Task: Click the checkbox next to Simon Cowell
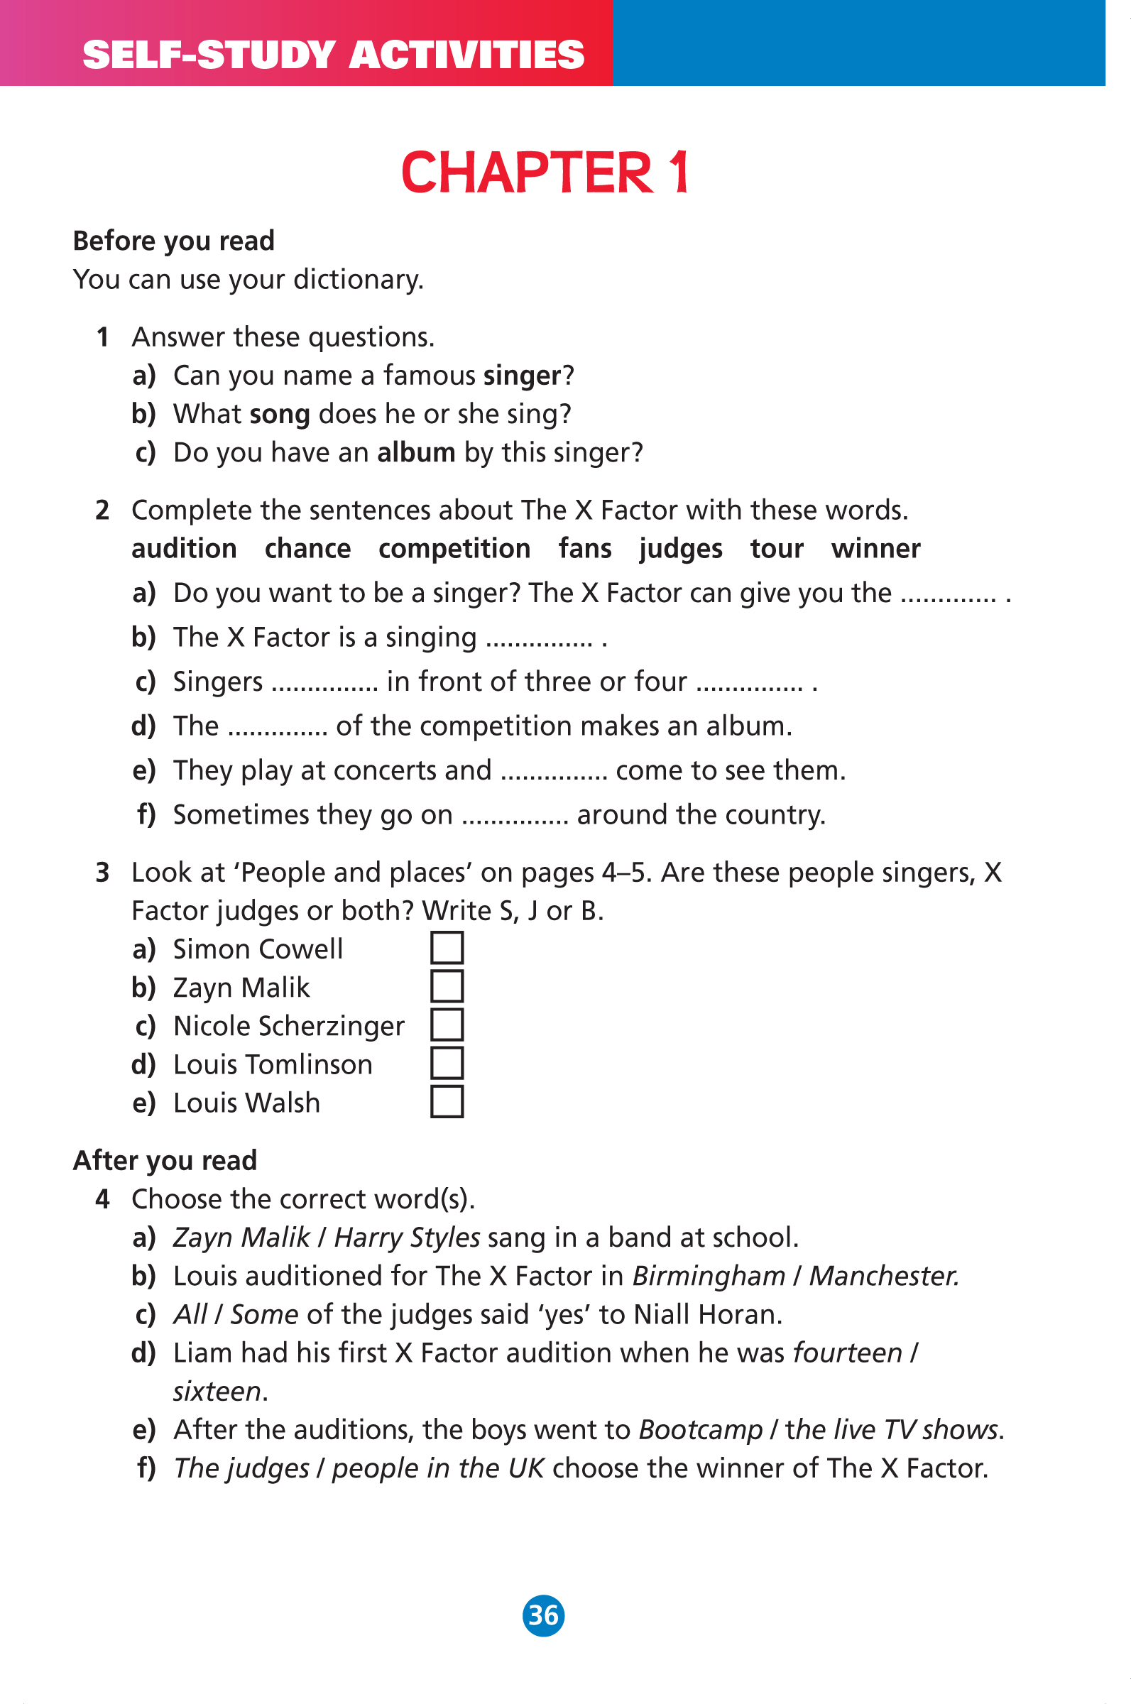[x=447, y=948]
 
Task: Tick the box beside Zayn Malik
[x=447, y=985]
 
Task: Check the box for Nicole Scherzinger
[x=447, y=1025]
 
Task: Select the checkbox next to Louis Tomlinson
[x=447, y=1063]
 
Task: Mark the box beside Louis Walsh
[x=447, y=1102]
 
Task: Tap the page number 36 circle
[x=543, y=1615]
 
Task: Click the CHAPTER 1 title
[x=545, y=173]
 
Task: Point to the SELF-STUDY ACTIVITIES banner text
[x=333, y=55]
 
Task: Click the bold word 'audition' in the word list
[x=184, y=549]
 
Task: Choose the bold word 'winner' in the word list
[x=875, y=549]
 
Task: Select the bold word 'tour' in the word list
[x=776, y=549]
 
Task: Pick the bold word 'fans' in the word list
[x=585, y=549]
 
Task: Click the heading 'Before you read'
[x=174, y=241]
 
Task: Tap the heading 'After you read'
[x=165, y=1160]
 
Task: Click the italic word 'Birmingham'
[x=709, y=1277]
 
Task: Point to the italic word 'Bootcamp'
[x=700, y=1430]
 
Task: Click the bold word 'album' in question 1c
[x=416, y=453]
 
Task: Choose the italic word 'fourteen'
[x=848, y=1353]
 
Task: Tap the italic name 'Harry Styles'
[x=407, y=1238]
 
